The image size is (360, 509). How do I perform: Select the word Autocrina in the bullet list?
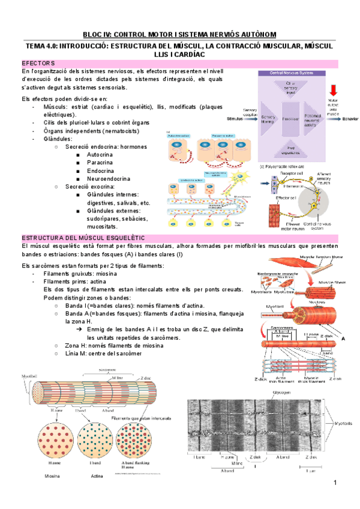coord(102,154)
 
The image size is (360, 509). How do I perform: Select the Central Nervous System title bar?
coord(290,73)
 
